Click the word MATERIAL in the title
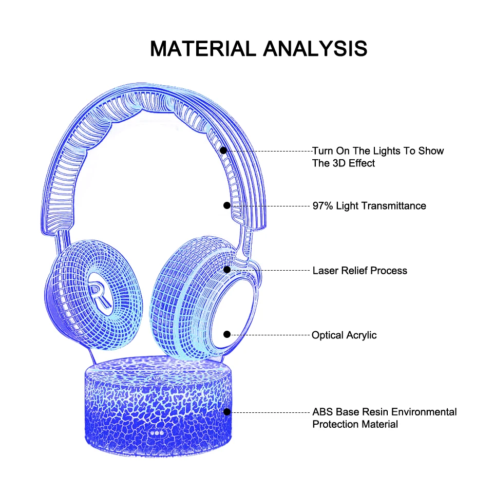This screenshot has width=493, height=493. click(204, 49)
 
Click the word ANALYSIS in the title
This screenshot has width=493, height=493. click(315, 49)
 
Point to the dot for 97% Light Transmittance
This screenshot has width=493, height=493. click(227, 205)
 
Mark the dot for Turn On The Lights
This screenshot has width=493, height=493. click(223, 151)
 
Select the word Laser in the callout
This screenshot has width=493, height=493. click(326, 270)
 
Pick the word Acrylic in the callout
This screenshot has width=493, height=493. click(360, 335)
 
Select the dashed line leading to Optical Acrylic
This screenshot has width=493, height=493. click(270, 335)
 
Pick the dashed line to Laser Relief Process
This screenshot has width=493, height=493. click(270, 270)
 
